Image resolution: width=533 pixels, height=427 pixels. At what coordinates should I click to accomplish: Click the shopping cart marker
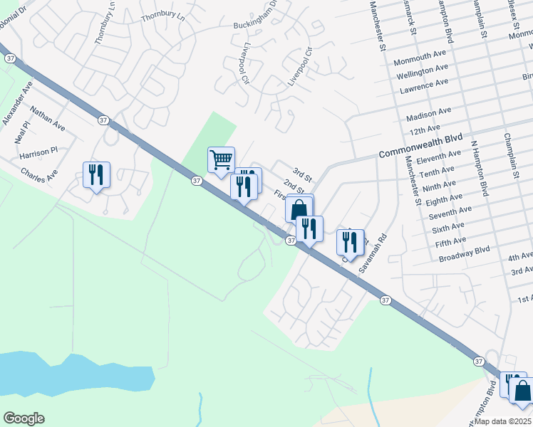pos(221,160)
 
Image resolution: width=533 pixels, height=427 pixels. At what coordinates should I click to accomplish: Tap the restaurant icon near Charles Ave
pos(96,175)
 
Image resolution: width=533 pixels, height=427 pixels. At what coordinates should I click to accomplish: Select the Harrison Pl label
pos(38,154)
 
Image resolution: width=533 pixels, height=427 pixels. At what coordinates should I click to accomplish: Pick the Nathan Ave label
pos(48,119)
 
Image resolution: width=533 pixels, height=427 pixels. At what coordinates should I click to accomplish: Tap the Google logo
pos(24,418)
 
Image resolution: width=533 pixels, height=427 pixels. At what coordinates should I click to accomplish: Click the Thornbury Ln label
pos(163,15)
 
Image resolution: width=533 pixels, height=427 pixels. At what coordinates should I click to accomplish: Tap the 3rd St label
pos(303,175)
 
